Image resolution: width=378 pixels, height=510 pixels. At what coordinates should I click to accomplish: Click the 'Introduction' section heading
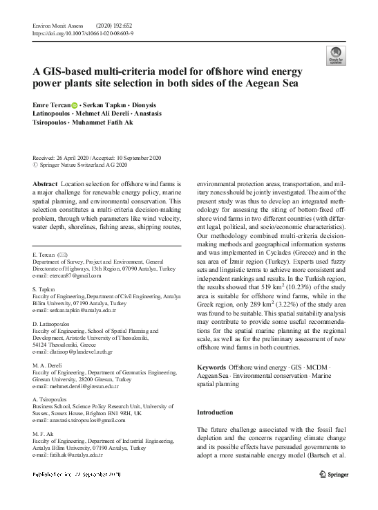(x=215, y=412)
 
